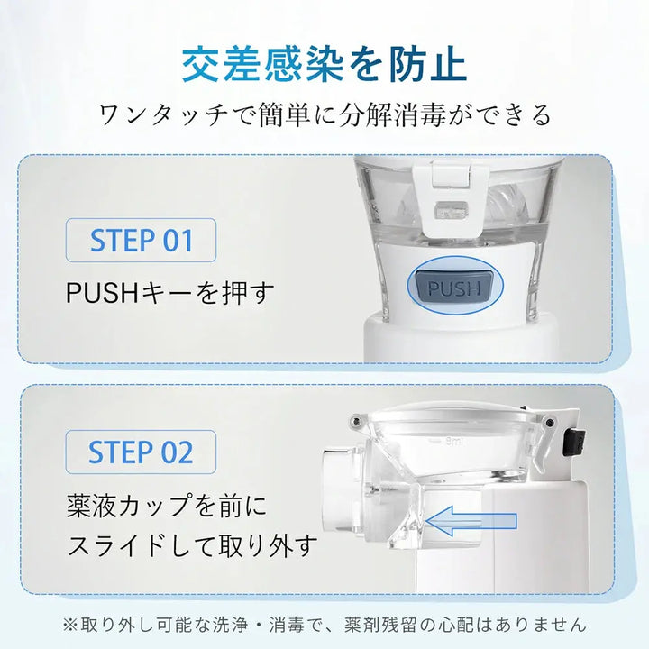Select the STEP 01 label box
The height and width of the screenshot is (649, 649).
click(x=142, y=241)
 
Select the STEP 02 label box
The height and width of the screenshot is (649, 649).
click(x=142, y=452)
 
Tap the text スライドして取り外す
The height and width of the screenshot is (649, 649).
click(x=193, y=544)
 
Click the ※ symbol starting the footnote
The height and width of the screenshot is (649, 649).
click(x=70, y=622)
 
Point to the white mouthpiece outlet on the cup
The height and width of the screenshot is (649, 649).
click(x=340, y=479)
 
